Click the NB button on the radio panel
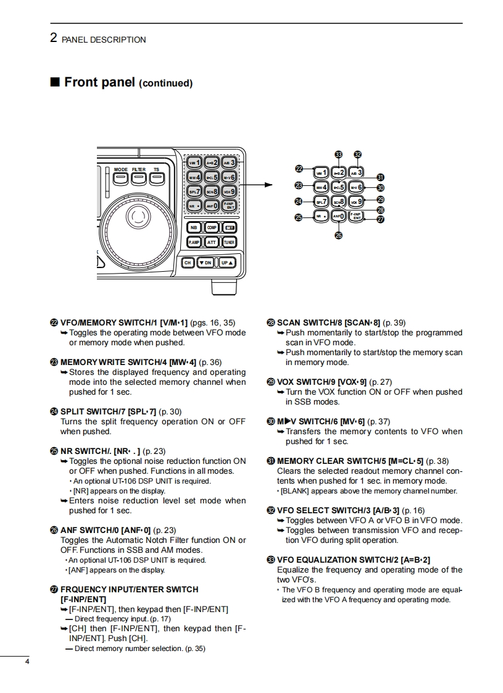[194, 227]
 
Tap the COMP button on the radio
[212, 227]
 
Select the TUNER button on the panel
[229, 243]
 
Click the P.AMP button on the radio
[194, 243]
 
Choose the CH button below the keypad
[188, 262]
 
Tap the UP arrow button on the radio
[228, 262]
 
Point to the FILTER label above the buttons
[138, 169]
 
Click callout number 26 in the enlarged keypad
[338, 235]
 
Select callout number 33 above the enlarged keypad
[338, 154]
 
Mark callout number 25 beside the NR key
[299, 217]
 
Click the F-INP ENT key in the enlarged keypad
[357, 216]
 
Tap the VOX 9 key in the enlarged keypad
[357, 201]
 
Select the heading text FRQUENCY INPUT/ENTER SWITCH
[129, 589]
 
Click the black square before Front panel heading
[55, 82]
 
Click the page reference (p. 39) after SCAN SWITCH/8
[394, 322]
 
